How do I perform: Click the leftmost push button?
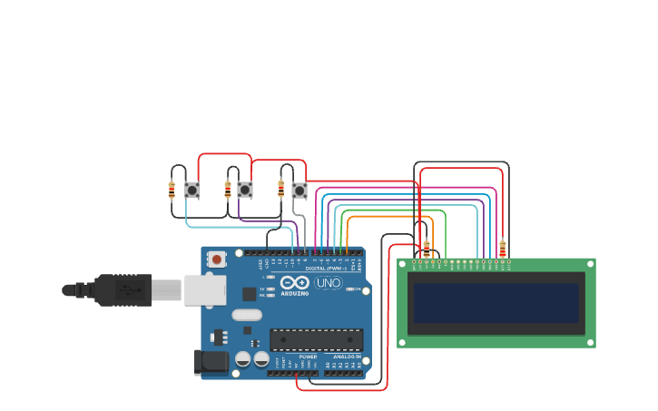click(x=192, y=191)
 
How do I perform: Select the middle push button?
click(x=245, y=190)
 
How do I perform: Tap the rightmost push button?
click(x=300, y=191)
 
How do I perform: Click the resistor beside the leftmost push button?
click(x=172, y=190)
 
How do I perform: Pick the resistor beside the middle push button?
click(x=228, y=190)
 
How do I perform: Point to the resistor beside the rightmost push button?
click(x=280, y=189)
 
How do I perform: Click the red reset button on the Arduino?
click(x=217, y=259)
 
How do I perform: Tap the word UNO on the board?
click(x=328, y=283)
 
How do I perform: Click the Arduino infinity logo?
click(x=294, y=282)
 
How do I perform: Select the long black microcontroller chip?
click(x=316, y=339)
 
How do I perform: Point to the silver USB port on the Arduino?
click(x=204, y=290)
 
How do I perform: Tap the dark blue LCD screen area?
click(x=496, y=303)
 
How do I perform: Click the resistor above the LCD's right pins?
click(x=503, y=247)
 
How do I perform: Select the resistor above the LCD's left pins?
click(x=427, y=247)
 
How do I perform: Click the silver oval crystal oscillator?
click(x=246, y=315)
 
